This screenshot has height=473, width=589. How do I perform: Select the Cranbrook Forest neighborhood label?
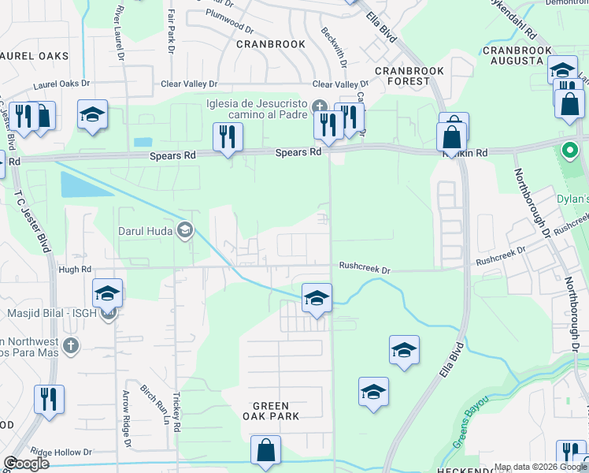[x=409, y=76]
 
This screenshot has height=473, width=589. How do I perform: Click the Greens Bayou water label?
[x=471, y=421]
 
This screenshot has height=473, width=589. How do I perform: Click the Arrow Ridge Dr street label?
[x=126, y=415]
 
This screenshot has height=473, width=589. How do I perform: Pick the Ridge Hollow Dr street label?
[x=61, y=453]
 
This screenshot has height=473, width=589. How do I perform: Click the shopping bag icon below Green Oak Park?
[x=266, y=451]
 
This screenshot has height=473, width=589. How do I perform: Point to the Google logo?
[x=26, y=464]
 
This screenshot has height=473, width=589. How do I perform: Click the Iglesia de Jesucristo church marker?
[x=319, y=106]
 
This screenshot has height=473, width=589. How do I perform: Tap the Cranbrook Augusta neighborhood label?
[x=517, y=55]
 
